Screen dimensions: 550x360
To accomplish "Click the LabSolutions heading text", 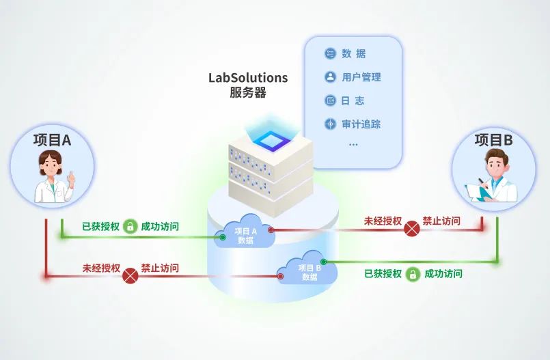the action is pyautogui.click(x=248, y=77).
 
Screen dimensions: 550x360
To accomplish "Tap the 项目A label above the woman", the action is pyautogui.click(x=52, y=140).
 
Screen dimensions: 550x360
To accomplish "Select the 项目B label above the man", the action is pyautogui.click(x=493, y=140).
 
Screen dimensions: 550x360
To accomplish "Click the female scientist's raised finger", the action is pyautogui.click(x=71, y=176).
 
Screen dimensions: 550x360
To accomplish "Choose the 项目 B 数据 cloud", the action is pyautogui.click(x=307, y=268).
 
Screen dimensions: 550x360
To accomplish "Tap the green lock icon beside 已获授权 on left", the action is pyautogui.click(x=130, y=226).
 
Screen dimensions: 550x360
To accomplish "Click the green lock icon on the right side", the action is pyautogui.click(x=413, y=274).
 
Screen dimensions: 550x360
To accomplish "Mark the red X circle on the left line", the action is pyautogui.click(x=130, y=276).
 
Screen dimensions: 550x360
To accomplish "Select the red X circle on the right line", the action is pyautogui.click(x=412, y=229).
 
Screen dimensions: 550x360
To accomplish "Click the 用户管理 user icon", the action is pyautogui.click(x=330, y=77).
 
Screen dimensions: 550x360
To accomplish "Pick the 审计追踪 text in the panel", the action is pyautogui.click(x=361, y=124).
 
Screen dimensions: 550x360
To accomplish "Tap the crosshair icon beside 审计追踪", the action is pyautogui.click(x=330, y=124).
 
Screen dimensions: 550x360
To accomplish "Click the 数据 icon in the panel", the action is pyautogui.click(x=330, y=53).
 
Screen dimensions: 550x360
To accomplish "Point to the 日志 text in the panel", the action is pyautogui.click(x=353, y=101).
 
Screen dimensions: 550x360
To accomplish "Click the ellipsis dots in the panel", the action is pyautogui.click(x=353, y=144).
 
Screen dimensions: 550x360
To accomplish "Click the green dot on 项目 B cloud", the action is pyautogui.click(x=324, y=262).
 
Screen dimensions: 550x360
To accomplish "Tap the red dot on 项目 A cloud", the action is pyautogui.click(x=271, y=230).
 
